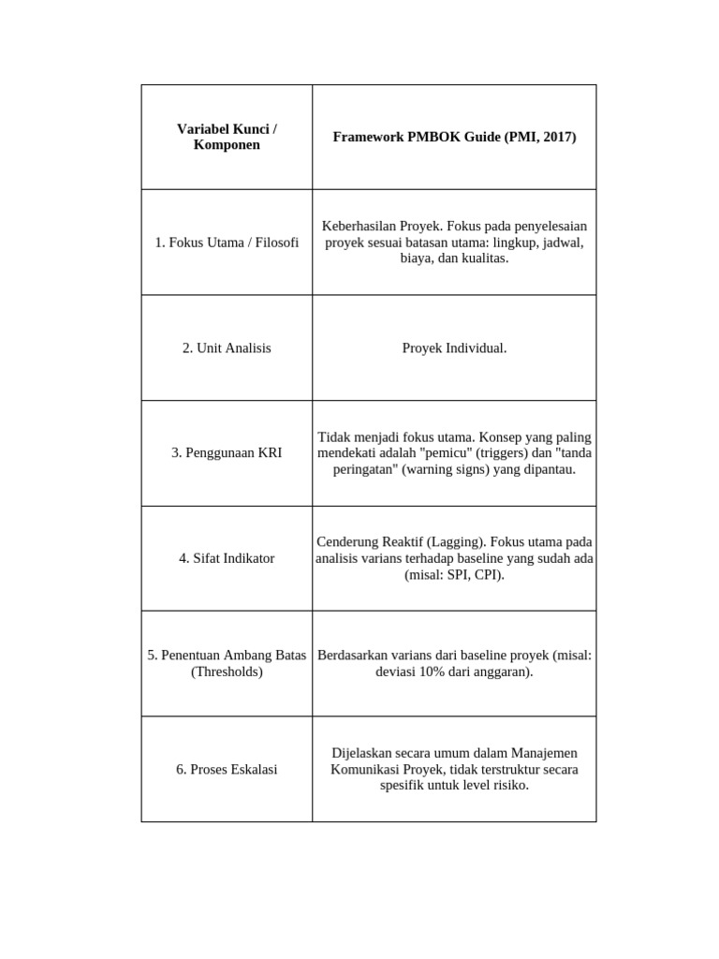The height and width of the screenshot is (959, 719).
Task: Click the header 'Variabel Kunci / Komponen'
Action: click(227, 137)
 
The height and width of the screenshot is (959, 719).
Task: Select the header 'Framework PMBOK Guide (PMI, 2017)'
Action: click(454, 137)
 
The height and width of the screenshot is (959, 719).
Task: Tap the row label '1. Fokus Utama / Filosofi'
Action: click(227, 243)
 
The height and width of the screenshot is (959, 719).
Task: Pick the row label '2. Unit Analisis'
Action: click(227, 347)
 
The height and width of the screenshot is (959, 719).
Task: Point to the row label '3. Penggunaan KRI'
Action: click(227, 452)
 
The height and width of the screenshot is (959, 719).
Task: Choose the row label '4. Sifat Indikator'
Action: click(227, 558)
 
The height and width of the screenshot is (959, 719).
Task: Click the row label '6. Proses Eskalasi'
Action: click(227, 769)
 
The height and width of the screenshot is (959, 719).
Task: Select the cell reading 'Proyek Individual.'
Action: click(454, 347)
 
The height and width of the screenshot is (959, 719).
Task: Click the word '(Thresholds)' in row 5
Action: click(227, 671)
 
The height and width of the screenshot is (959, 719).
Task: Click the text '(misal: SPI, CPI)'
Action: click(454, 574)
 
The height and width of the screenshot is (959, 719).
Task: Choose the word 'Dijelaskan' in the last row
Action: click(363, 753)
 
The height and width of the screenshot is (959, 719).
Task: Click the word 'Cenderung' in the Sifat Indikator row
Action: click(346, 542)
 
